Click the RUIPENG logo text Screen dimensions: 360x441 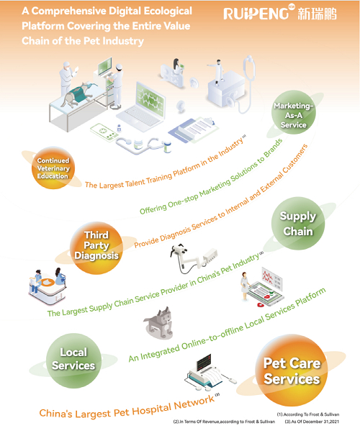click(256, 14)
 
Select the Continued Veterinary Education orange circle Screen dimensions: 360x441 click(53, 168)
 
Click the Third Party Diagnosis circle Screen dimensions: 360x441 click(96, 248)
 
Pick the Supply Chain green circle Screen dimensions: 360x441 click(298, 223)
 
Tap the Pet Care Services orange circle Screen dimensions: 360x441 click(292, 370)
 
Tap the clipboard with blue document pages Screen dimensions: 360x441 click(194, 129)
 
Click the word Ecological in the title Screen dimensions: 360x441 click(168, 11)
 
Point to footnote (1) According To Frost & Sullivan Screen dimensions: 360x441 click(308, 414)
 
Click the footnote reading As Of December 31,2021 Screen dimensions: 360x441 click(312, 422)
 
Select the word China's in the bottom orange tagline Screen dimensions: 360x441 click(55, 413)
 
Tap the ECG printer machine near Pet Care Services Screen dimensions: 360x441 click(209, 373)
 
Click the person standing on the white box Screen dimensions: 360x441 click(217, 72)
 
